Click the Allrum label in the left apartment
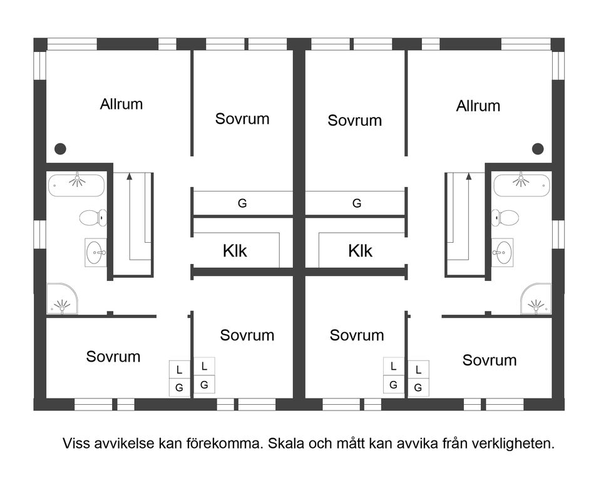tap(121, 104)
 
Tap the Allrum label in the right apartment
tap(478, 106)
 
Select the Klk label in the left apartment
tap(235, 251)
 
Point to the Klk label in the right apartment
tap(360, 251)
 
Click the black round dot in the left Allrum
tap(60, 149)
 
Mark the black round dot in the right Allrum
tap(537, 149)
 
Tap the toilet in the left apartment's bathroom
tap(93, 218)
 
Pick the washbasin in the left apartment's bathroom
tap(96, 253)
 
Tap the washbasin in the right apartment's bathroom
tap(502, 253)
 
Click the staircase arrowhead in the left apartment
tap(130, 177)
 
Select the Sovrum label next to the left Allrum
tap(242, 118)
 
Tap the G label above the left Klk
tap(242, 203)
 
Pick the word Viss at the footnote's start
tap(74, 444)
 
